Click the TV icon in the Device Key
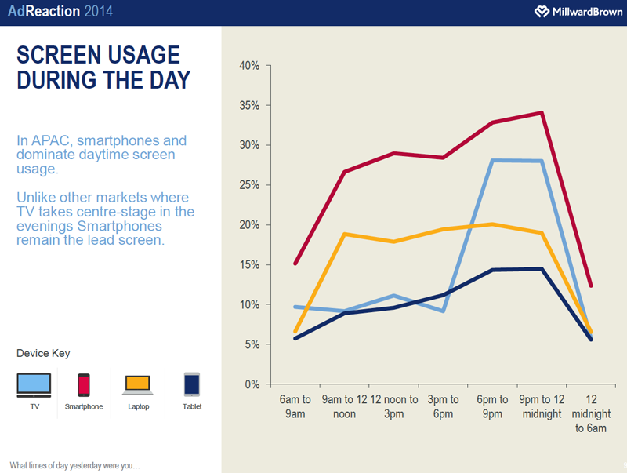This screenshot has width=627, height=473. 34,384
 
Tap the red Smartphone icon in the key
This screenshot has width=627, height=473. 83,384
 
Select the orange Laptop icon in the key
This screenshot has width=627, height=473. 137,384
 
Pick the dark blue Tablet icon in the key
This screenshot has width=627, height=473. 191,384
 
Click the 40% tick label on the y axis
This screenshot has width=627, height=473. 249,66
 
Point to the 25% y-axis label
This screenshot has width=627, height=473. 249,185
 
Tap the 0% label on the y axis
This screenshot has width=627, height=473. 252,384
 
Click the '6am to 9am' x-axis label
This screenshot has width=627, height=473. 295,406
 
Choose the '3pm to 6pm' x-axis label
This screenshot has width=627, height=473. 444,406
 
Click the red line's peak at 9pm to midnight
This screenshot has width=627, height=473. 541,113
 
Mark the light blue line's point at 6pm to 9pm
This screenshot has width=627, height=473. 492,160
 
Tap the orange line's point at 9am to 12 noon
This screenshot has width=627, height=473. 344,234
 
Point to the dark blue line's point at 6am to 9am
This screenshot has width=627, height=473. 295,339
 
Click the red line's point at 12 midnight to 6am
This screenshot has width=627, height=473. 590,286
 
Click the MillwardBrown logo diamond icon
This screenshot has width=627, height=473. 541,12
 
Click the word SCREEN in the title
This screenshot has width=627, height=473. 60,55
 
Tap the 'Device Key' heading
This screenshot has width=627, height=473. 43,354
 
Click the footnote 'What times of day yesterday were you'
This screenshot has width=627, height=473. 74,464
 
